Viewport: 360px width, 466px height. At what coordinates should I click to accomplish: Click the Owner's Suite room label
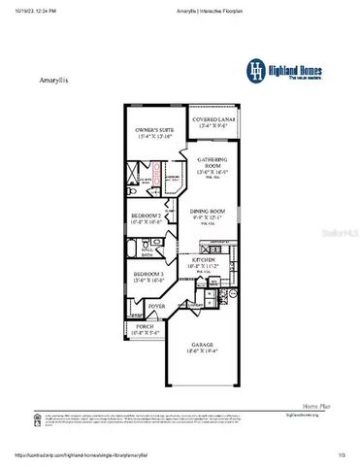(152, 130)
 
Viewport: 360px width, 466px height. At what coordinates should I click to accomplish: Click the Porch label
(146, 325)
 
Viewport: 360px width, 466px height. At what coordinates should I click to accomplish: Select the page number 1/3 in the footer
(342, 454)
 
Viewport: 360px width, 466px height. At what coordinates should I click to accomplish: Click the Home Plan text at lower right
(317, 406)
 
